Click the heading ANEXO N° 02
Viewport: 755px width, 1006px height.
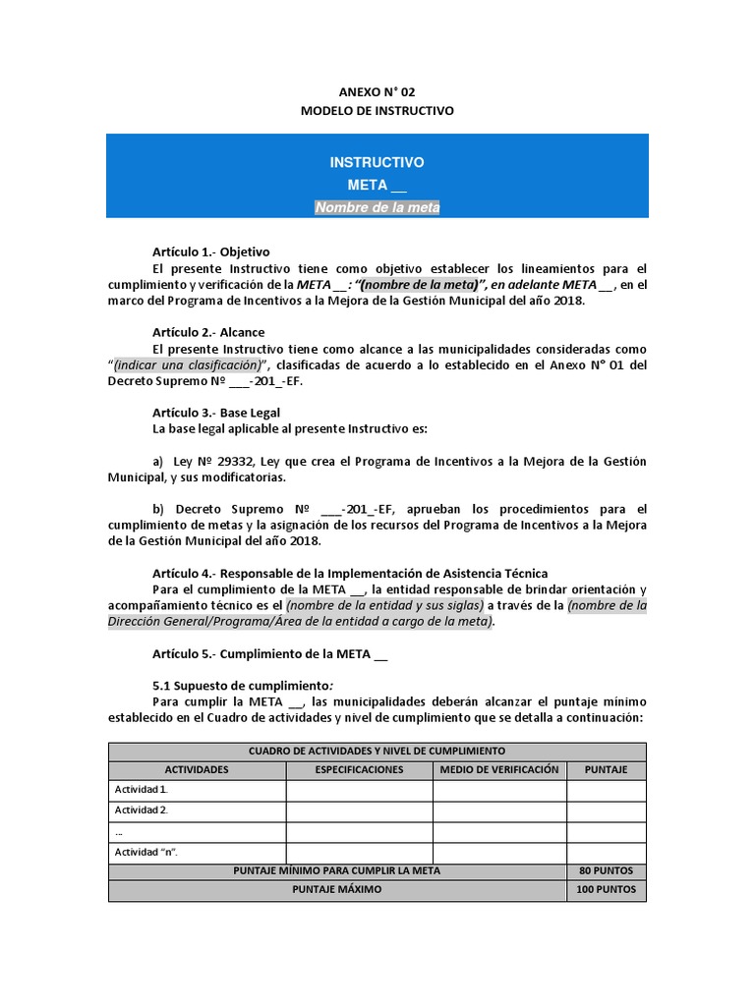[377, 91]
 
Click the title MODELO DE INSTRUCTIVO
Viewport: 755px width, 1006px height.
[377, 111]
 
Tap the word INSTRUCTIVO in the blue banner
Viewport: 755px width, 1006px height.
[377, 162]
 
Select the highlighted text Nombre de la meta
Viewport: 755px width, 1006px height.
[377, 207]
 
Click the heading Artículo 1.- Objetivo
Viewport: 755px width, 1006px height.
[210, 251]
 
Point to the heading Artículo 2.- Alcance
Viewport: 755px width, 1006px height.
[208, 332]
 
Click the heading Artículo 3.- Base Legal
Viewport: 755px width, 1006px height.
[215, 413]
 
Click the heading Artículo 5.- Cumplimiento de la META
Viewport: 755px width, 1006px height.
[269, 653]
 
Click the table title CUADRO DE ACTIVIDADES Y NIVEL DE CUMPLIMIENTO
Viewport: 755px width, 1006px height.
[377, 751]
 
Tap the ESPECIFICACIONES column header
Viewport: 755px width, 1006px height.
[359, 769]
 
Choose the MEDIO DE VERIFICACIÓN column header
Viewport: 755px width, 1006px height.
[499, 769]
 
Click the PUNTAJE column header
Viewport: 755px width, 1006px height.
[606, 769]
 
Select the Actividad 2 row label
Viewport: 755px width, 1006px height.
[142, 810]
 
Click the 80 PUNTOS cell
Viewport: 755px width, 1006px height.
[606, 870]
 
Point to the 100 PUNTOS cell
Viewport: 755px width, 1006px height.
[606, 890]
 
